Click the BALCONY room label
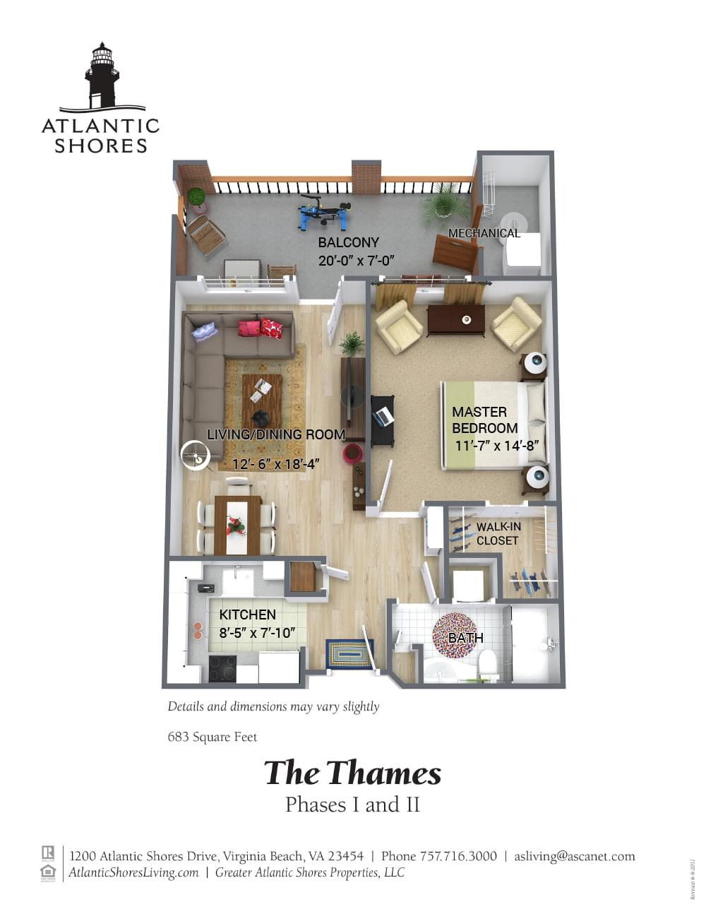pyautogui.click(x=348, y=242)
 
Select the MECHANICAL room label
pyautogui.click(x=484, y=233)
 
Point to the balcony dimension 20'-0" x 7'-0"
pyautogui.click(x=355, y=261)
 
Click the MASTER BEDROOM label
pyautogui.click(x=485, y=420)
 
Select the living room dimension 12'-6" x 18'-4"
pyautogui.click(x=276, y=464)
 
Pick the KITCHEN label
pyautogui.click(x=247, y=615)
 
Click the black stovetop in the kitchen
pyautogui.click(x=222, y=667)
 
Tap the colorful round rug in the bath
pyautogui.click(x=457, y=634)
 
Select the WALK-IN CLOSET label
pyautogui.click(x=498, y=534)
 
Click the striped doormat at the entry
pyautogui.click(x=349, y=653)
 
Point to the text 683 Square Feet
pyautogui.click(x=213, y=737)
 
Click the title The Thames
pyautogui.click(x=352, y=773)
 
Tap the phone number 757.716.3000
pyautogui.click(x=458, y=856)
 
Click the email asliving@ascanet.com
pyautogui.click(x=575, y=856)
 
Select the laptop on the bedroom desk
pyautogui.click(x=383, y=417)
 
